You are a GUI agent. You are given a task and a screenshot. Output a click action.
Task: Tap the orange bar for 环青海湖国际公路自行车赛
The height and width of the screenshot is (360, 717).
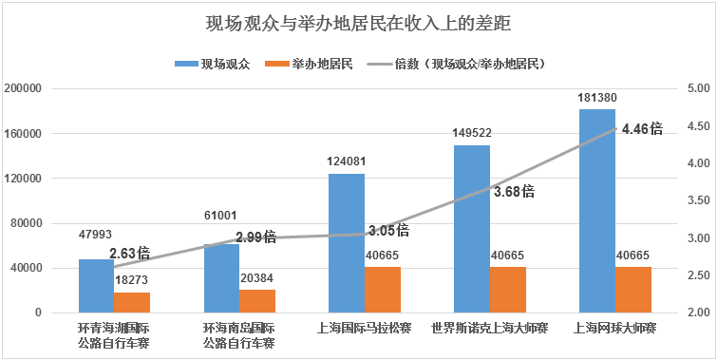coord(132,302)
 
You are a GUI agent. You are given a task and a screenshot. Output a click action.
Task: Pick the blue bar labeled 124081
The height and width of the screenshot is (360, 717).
coord(347,243)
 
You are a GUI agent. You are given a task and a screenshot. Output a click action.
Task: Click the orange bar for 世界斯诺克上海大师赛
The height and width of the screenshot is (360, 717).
coord(508,290)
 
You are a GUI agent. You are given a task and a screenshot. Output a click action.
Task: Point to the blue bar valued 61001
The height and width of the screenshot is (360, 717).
coord(221,278)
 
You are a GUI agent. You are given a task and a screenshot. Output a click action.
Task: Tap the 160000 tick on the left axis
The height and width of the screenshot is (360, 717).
coord(45,134)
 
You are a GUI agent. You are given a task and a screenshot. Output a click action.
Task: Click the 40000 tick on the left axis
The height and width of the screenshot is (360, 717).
coord(47,268)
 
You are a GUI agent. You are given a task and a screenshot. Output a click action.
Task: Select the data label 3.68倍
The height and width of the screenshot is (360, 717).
coord(514,191)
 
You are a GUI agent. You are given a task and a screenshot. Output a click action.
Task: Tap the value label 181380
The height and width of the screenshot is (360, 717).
coord(596,97)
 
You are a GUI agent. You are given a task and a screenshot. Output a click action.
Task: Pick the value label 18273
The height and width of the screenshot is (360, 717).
coord(133,280)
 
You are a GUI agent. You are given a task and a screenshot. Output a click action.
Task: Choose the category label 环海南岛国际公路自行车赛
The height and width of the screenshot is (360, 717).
coord(239,335)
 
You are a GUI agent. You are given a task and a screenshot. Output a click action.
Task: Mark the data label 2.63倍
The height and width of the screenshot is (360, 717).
coord(130,254)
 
